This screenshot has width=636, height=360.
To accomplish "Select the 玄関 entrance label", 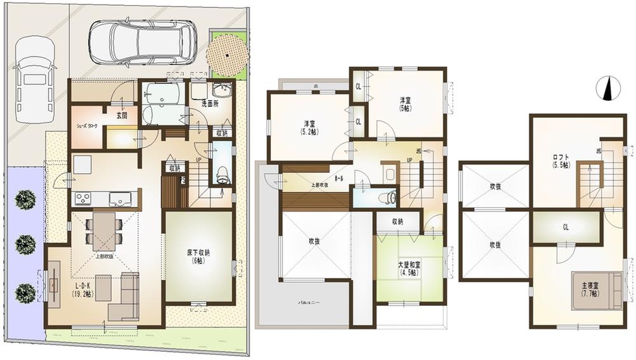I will pyautogui.click(x=122, y=116).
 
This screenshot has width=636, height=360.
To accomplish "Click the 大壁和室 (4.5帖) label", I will pyautogui.click(x=407, y=269).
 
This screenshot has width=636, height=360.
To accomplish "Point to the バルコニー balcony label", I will pyautogui.click(x=310, y=303).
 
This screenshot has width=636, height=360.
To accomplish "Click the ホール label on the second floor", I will pyautogui.click(x=339, y=179).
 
